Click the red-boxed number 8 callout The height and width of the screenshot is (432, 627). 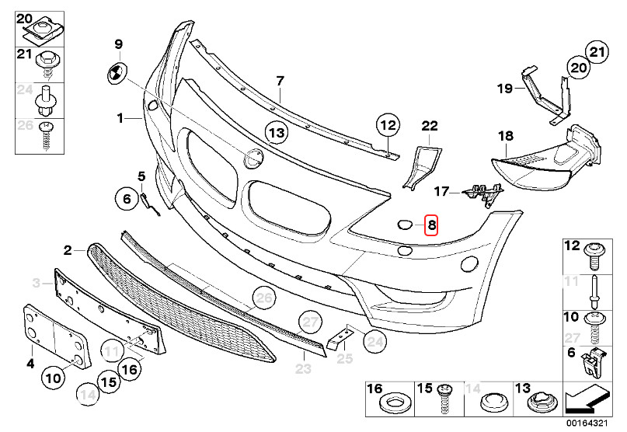[431, 225]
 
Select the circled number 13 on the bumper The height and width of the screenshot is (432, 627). [277, 132]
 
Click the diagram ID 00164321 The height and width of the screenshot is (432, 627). [587, 423]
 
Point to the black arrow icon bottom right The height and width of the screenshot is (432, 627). [588, 399]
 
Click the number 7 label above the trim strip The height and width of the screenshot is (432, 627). [280, 81]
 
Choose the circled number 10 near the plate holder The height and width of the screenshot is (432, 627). [54, 378]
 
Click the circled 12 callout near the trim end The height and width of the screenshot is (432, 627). [388, 125]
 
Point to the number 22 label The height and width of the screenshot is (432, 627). [430, 126]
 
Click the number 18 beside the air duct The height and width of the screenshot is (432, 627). [506, 136]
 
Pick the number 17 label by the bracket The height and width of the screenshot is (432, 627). [441, 192]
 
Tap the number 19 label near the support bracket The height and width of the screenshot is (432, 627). [505, 88]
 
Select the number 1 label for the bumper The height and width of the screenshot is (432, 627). [120, 118]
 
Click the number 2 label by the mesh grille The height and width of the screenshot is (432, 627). [68, 251]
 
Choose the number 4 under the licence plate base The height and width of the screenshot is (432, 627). [30, 364]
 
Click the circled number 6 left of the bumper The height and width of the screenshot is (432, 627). [127, 198]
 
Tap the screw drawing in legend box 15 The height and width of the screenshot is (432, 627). [444, 400]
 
